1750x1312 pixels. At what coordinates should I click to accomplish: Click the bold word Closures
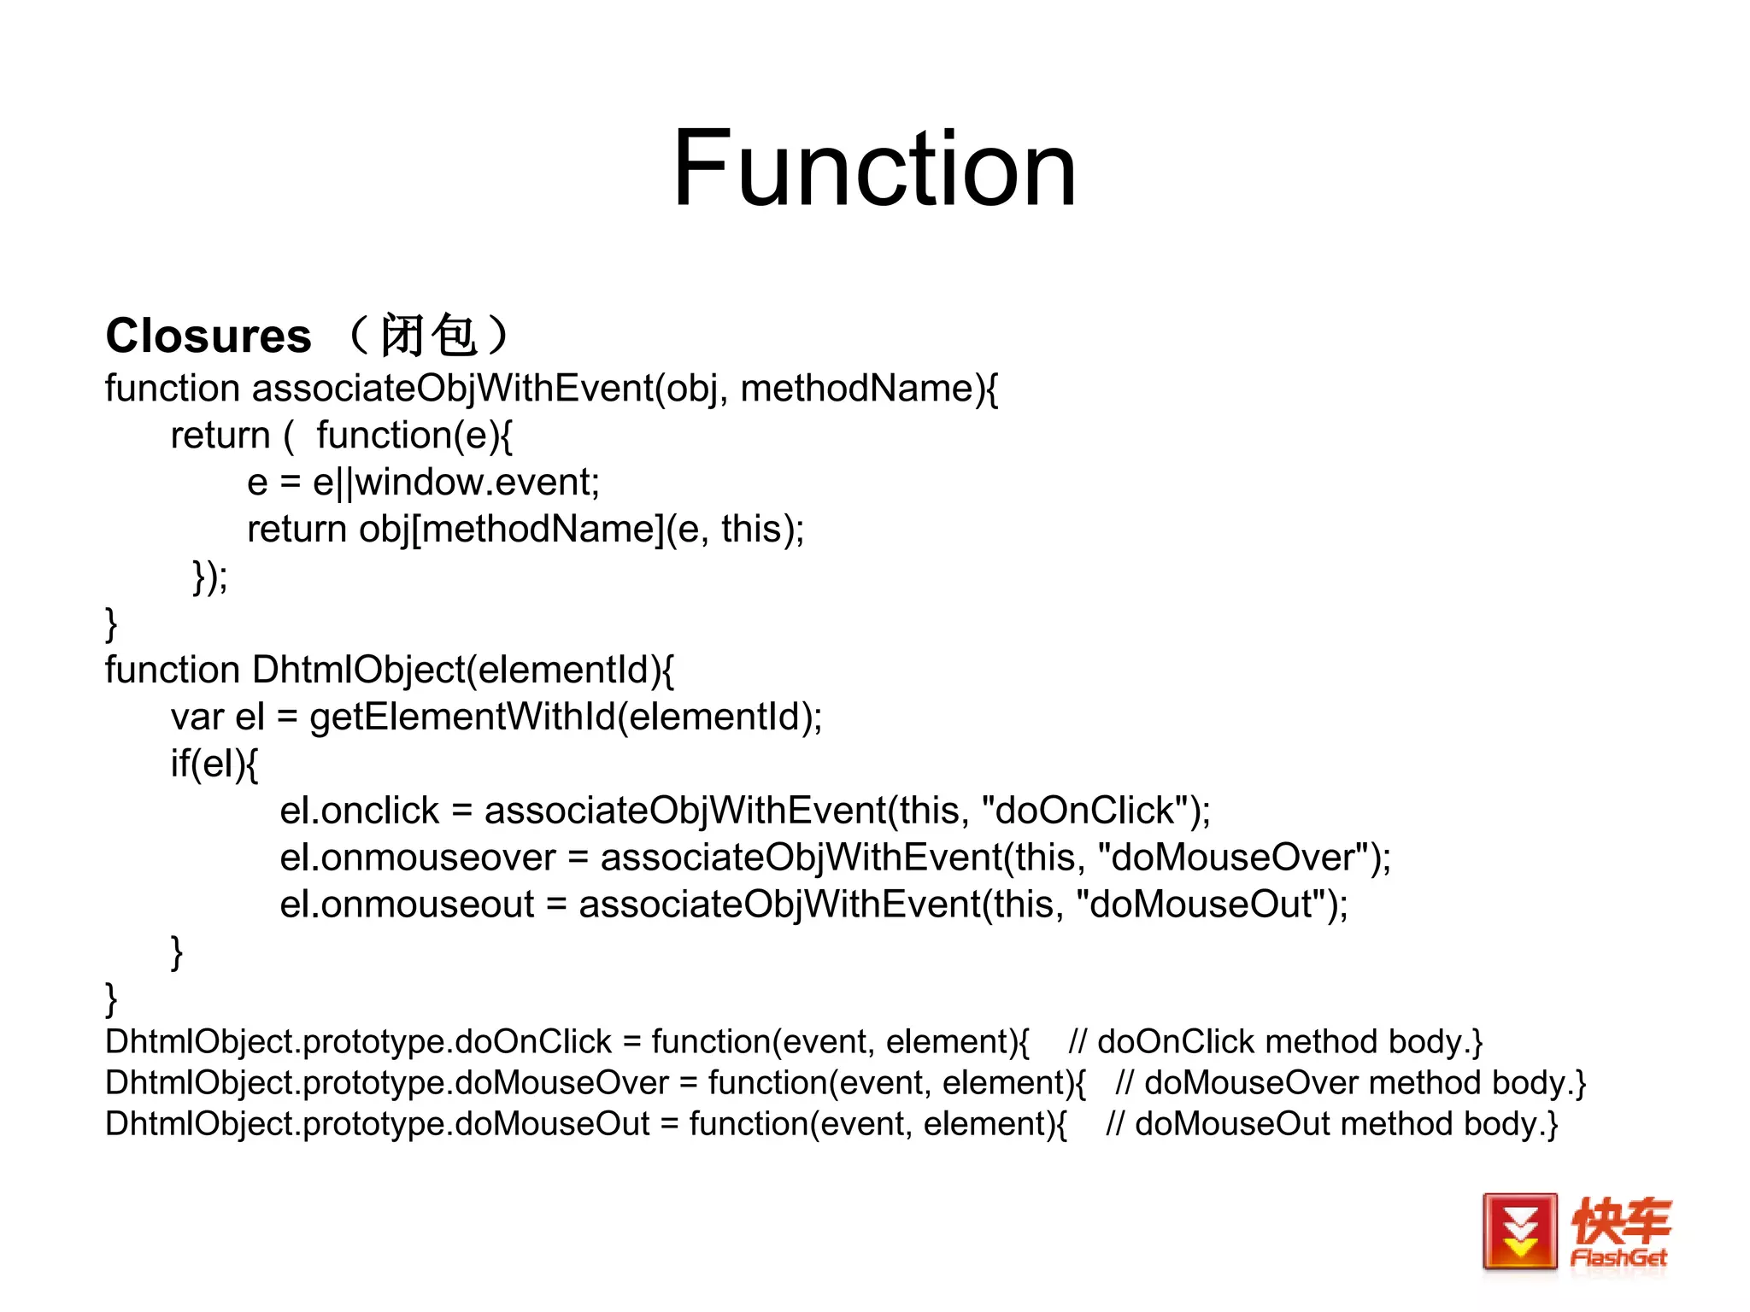click(208, 336)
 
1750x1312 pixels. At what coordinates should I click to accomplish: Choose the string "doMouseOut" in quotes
click(1201, 905)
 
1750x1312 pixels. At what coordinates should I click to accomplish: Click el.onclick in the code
click(359, 811)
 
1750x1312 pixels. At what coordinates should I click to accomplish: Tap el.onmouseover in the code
click(417, 858)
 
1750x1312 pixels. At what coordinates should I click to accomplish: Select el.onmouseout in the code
click(407, 905)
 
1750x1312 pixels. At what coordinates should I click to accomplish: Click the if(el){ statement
click(214, 764)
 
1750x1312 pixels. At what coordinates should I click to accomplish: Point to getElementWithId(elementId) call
click(564, 717)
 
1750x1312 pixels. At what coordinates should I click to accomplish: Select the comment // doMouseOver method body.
click(1350, 1083)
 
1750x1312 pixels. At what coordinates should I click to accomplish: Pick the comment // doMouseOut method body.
click(1331, 1124)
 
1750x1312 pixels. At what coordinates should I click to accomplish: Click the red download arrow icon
click(1519, 1231)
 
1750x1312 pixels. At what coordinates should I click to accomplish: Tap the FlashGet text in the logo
click(1618, 1257)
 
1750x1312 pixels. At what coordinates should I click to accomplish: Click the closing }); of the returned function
click(209, 577)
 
